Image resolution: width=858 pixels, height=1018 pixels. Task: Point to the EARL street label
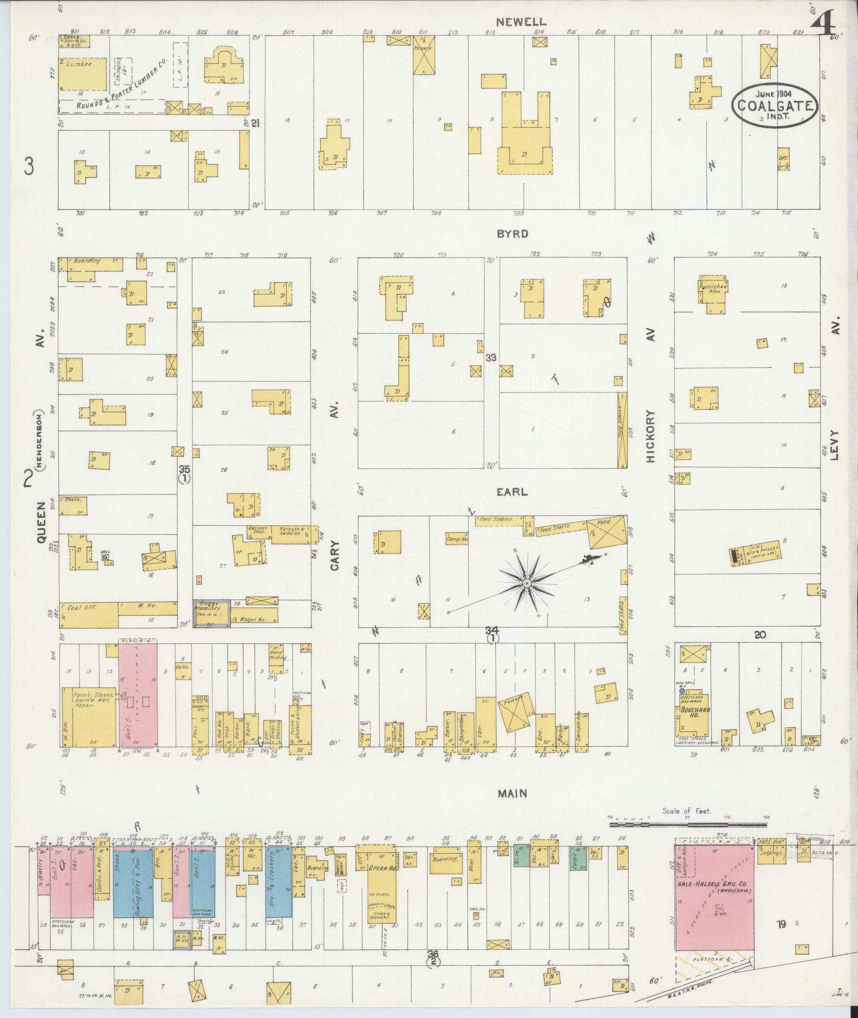point(513,492)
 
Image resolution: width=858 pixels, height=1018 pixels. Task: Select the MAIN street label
point(512,793)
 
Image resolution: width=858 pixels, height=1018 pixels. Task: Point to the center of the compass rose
point(527,584)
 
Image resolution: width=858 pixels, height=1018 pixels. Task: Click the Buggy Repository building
point(211,613)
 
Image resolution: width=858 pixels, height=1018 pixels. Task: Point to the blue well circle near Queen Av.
point(105,557)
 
